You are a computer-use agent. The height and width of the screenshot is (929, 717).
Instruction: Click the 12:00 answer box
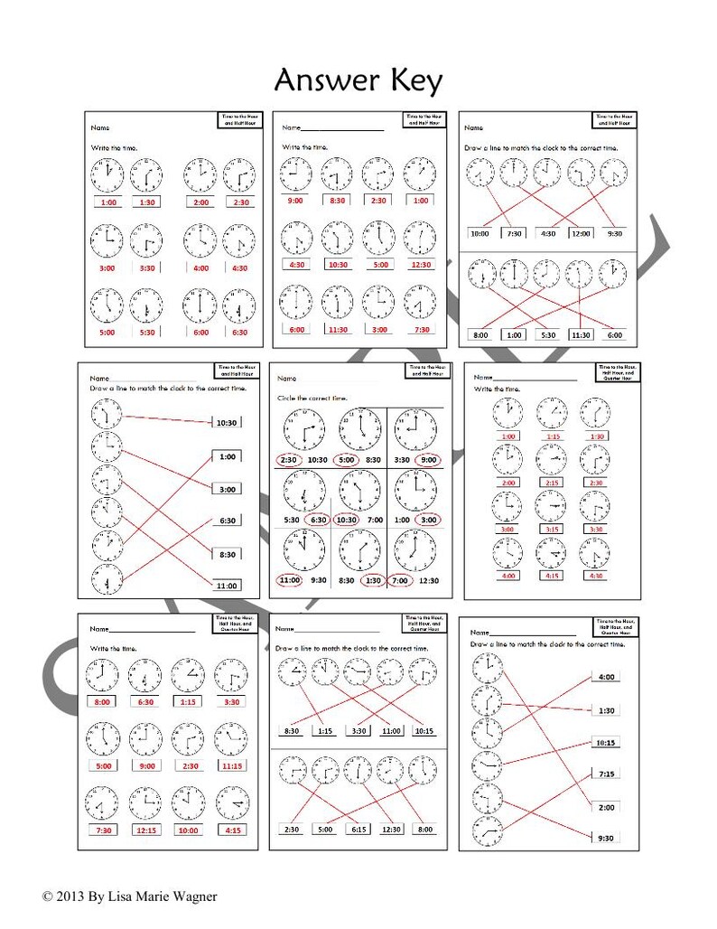[581, 233]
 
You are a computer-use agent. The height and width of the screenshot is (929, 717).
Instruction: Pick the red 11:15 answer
[232, 765]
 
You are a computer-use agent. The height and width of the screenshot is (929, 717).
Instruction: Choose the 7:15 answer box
[604, 774]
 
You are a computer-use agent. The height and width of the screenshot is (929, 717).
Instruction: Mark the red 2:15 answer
[551, 483]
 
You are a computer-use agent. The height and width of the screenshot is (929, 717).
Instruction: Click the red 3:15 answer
[551, 529]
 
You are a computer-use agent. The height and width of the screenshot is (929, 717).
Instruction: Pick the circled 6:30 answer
[318, 521]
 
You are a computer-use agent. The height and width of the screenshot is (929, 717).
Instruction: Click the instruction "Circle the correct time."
[312, 398]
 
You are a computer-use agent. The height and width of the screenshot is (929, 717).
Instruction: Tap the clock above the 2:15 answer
[551, 459]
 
